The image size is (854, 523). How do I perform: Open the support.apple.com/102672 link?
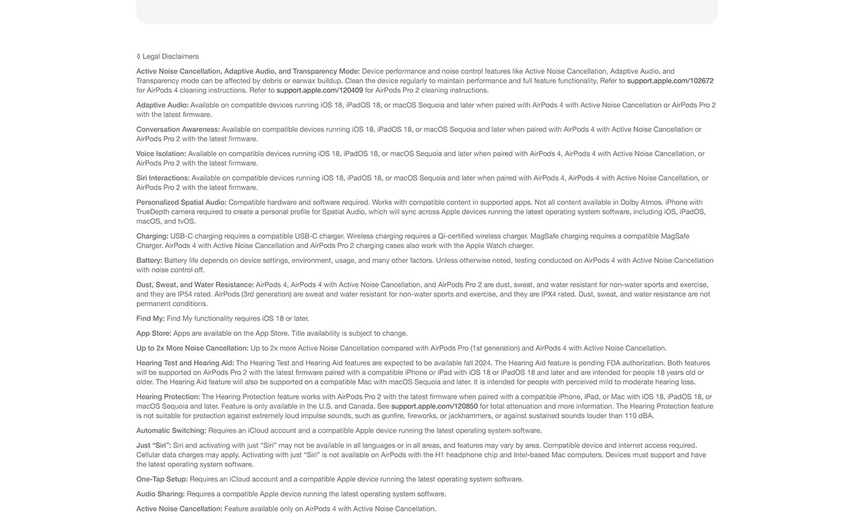[x=670, y=81]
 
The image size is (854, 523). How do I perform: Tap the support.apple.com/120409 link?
[x=319, y=90]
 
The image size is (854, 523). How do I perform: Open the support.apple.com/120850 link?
[x=434, y=407]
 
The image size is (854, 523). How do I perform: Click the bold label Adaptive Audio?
[x=162, y=105]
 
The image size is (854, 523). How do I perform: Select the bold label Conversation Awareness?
[x=178, y=129]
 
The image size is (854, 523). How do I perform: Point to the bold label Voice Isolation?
[x=161, y=154]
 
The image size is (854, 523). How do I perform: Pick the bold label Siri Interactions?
[x=163, y=178]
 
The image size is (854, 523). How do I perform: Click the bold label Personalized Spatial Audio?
[x=181, y=202]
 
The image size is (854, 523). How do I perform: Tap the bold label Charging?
[x=152, y=236]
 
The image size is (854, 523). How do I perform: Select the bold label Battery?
[x=149, y=261]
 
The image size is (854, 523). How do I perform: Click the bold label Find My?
[x=150, y=319]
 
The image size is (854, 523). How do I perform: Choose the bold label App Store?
[x=154, y=333]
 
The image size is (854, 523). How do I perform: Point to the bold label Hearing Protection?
[x=168, y=397]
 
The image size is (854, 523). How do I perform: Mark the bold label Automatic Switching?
[x=171, y=431]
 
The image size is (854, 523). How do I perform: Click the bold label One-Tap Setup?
[x=162, y=479]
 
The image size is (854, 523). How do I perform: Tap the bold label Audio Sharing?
[x=160, y=494]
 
